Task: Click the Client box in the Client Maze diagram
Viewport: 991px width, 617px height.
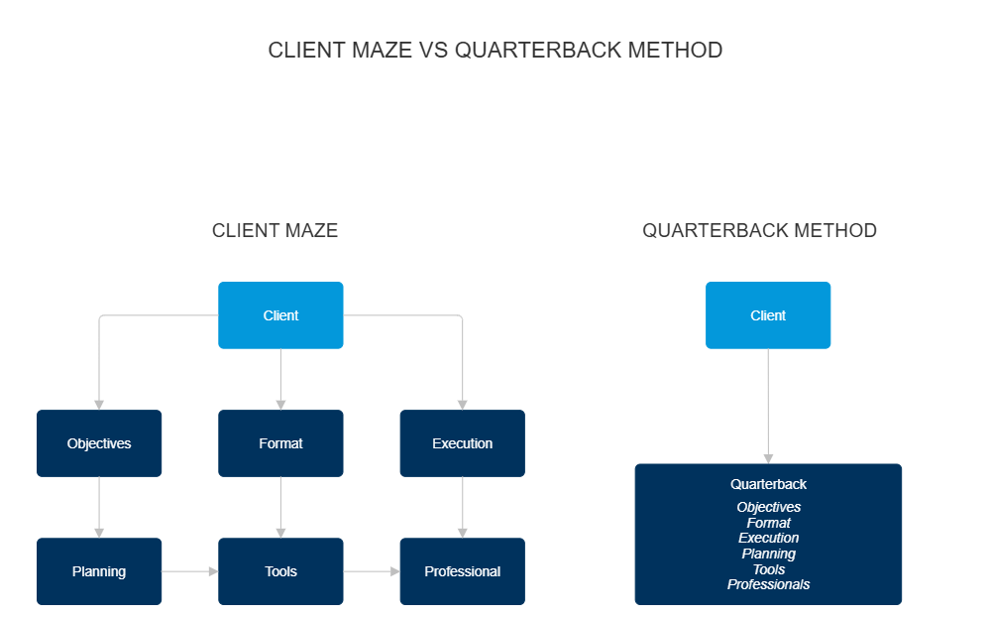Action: (280, 315)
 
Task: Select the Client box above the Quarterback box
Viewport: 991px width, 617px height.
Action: (768, 315)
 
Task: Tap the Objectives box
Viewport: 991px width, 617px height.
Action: (99, 443)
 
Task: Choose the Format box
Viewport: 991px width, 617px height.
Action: (280, 443)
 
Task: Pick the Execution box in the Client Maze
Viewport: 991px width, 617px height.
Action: (462, 443)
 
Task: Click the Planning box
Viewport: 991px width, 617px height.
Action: (99, 571)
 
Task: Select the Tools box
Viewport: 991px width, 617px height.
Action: (280, 571)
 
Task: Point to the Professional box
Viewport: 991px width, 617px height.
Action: (462, 571)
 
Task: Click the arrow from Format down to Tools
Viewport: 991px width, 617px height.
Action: (280, 507)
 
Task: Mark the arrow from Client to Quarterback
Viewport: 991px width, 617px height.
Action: (768, 406)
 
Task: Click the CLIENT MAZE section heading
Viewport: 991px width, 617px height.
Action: (275, 231)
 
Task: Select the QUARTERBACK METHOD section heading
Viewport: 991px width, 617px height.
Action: (759, 231)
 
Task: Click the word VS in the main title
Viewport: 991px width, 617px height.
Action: (433, 51)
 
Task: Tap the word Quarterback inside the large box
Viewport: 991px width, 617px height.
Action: (768, 485)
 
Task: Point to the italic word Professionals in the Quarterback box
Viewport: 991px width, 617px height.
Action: (768, 584)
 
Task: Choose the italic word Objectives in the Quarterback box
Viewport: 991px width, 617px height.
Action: (768, 507)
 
